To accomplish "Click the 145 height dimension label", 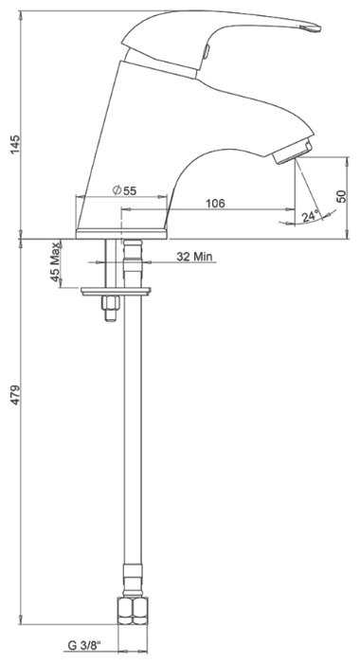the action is coord(15,145).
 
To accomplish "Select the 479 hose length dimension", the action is coord(15,395).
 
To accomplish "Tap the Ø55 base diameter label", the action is coord(125,190).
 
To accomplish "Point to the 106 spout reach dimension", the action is coord(216,204).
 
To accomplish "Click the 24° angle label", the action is coord(310,216).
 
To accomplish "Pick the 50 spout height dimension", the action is coord(341,196).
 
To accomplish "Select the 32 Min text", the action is coord(194,257).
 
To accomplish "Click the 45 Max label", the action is coord(55,264).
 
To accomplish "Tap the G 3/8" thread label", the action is coord(85,646).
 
